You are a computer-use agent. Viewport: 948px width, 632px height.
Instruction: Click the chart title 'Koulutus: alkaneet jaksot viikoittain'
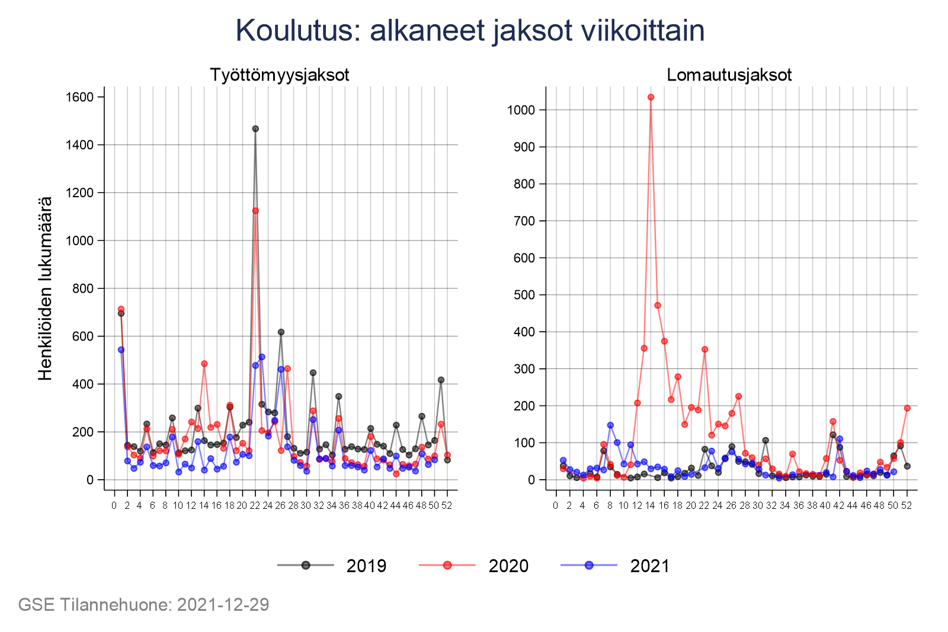470,31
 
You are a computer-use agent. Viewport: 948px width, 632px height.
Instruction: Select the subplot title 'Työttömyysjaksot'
280,75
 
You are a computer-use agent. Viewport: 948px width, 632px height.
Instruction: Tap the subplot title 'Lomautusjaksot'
729,75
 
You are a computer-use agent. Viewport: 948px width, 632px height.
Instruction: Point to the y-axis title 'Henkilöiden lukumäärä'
46,288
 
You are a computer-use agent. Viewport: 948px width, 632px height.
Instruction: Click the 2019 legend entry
332,566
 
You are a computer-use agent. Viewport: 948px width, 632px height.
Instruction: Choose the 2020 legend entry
474,566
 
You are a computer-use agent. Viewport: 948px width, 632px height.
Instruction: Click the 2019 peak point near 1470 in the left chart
255,129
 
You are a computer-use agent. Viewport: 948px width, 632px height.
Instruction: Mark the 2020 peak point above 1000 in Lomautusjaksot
651,97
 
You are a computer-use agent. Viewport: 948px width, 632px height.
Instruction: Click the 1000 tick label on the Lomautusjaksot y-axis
521,110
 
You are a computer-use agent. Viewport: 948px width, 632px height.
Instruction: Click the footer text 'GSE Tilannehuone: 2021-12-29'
144,605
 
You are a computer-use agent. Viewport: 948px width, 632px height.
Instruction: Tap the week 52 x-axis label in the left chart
447,506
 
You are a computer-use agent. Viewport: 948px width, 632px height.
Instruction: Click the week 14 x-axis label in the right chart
651,506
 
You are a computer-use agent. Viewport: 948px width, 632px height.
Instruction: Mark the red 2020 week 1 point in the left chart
121,309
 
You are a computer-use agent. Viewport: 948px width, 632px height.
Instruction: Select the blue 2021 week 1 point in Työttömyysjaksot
121,349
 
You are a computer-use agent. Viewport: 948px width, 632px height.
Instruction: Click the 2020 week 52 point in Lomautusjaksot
907,408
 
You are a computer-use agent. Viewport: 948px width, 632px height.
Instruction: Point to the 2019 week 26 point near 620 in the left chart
281,332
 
